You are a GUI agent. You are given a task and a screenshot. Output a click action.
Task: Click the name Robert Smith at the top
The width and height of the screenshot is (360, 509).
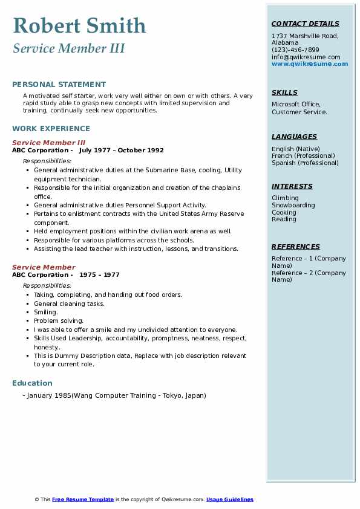click(x=79, y=25)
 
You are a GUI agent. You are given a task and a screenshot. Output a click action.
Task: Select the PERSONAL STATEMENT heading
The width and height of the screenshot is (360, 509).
click(x=59, y=85)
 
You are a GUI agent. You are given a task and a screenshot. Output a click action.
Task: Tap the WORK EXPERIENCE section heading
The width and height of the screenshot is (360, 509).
click(x=51, y=129)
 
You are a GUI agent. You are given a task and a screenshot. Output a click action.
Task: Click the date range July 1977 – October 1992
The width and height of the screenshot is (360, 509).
click(x=121, y=151)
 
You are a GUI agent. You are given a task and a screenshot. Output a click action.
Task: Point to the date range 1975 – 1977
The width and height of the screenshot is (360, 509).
click(x=99, y=275)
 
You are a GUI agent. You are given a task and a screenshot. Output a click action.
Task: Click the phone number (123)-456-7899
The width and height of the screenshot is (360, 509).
click(x=295, y=50)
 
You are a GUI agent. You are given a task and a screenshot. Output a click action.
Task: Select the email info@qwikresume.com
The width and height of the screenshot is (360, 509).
click(x=306, y=57)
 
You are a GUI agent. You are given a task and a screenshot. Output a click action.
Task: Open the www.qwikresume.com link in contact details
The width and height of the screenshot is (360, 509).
click(x=310, y=63)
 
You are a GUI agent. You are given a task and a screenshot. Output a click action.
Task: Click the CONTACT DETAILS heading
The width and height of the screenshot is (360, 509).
click(x=305, y=24)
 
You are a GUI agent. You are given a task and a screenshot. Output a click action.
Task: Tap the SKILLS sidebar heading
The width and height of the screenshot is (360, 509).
click(x=284, y=93)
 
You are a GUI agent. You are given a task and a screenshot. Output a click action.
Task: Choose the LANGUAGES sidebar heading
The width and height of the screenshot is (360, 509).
click(x=294, y=137)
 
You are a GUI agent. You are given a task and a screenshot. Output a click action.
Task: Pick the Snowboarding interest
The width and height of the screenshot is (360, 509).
click(x=293, y=206)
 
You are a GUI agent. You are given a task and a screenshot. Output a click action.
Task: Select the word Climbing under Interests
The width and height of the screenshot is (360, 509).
click(x=285, y=198)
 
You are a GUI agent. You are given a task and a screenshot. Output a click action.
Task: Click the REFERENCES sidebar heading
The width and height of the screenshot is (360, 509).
click(x=295, y=247)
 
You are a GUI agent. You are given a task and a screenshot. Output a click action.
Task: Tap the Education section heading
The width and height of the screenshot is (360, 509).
click(x=32, y=383)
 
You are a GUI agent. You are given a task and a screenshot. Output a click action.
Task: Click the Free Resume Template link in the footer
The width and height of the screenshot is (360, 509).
click(x=83, y=499)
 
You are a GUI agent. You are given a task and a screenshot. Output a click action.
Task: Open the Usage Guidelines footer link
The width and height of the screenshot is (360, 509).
click(x=229, y=499)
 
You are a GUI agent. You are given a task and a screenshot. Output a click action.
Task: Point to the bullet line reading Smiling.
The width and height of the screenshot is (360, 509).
click(x=46, y=313)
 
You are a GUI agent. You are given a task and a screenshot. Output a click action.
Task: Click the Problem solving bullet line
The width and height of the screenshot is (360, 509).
click(x=59, y=321)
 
